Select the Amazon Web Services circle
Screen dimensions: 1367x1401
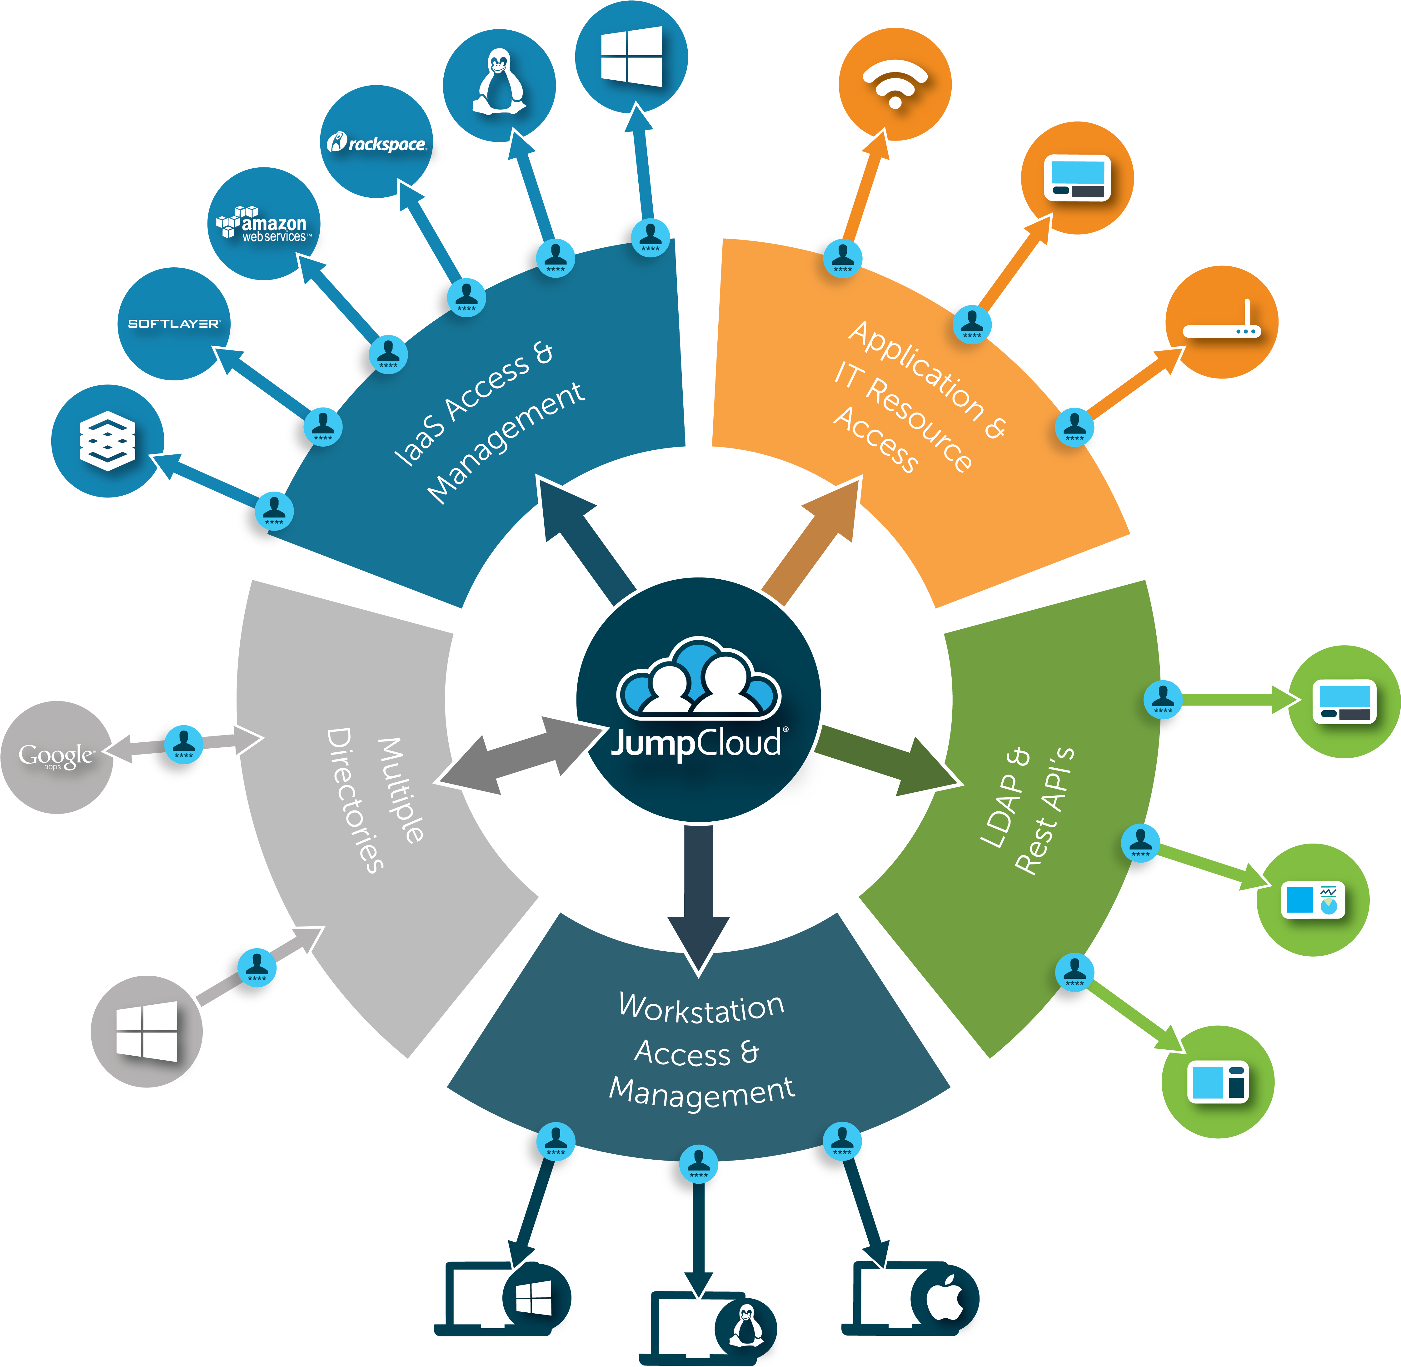point(263,224)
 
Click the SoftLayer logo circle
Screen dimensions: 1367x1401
point(174,324)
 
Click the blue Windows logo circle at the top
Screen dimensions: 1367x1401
point(631,57)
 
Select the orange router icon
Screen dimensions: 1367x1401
point(1221,322)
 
